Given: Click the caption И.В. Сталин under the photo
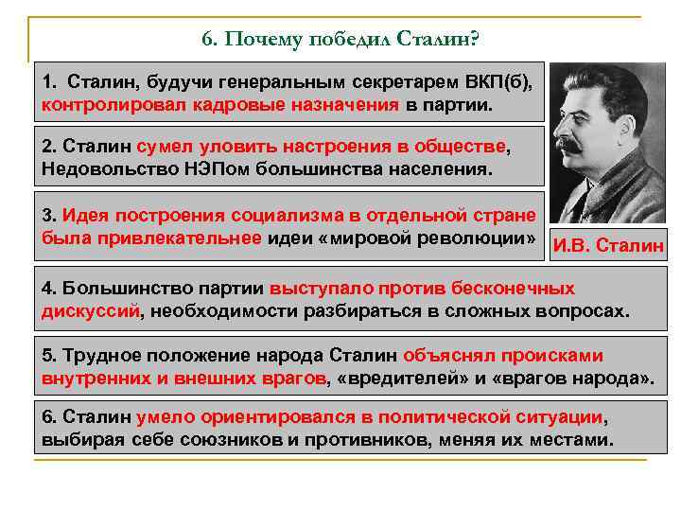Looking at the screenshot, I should [608, 246].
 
